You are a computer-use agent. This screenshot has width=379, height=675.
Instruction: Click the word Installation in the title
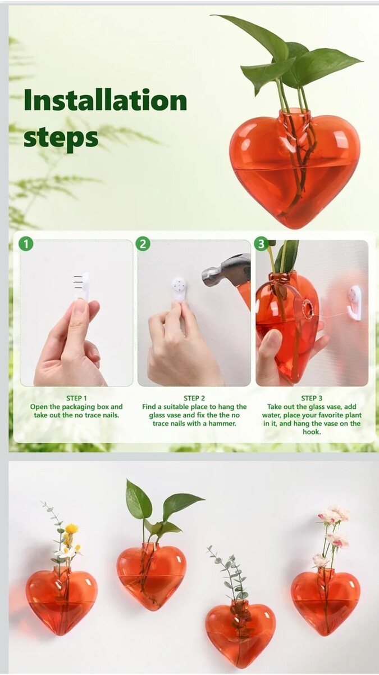click(106, 100)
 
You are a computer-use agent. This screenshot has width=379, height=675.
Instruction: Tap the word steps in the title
click(61, 138)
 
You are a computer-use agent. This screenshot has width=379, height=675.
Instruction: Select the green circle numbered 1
click(26, 244)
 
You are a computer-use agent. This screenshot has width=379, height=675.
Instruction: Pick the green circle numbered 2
click(143, 244)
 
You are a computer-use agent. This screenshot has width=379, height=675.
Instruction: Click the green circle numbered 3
click(261, 244)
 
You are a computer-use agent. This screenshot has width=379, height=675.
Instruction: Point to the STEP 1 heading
click(76, 398)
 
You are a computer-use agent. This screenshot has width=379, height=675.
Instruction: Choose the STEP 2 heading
click(194, 398)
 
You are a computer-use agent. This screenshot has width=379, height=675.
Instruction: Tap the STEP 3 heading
click(312, 398)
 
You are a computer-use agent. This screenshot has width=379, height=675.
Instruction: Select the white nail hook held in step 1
click(83, 286)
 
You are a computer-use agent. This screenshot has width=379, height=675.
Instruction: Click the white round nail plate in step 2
click(179, 290)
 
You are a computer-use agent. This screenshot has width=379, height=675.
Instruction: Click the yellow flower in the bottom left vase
click(72, 529)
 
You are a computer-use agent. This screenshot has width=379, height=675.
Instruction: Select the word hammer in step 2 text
click(223, 424)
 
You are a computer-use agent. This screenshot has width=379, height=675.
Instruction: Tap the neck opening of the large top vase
click(294, 112)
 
